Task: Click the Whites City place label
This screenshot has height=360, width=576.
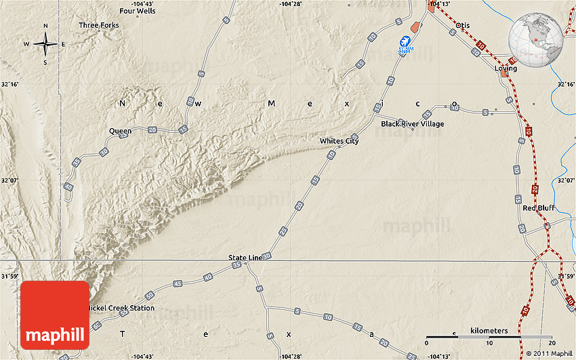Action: [x=340, y=141]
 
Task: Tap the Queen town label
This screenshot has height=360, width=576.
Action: [x=120, y=131]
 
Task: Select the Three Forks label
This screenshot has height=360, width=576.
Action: [x=99, y=25]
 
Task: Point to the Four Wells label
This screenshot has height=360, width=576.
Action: [x=137, y=11]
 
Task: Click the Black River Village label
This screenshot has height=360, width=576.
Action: [x=412, y=124]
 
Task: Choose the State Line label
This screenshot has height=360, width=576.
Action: [x=245, y=258]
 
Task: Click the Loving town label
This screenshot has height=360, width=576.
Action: [x=505, y=68]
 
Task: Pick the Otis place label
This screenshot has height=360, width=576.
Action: [x=463, y=25]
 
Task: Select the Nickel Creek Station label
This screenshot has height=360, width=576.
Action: [x=123, y=308]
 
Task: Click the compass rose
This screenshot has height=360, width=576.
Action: [x=45, y=44]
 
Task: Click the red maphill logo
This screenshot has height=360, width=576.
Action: [x=55, y=315]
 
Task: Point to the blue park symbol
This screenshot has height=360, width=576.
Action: [x=405, y=46]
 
